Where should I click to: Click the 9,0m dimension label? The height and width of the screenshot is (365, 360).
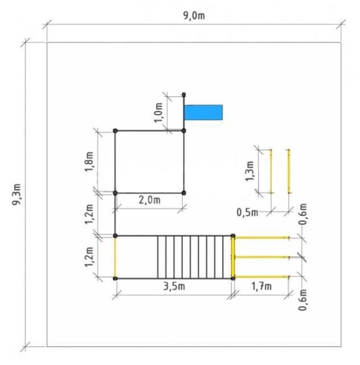(x=194, y=16)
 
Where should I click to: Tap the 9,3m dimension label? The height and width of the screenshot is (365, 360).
(x=17, y=194)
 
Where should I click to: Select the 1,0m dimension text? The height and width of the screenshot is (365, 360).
(x=158, y=112)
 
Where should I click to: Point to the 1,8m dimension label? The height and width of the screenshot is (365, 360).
(x=89, y=161)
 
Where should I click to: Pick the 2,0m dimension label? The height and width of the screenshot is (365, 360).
(x=150, y=200)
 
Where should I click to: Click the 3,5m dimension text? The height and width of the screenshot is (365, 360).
(x=174, y=286)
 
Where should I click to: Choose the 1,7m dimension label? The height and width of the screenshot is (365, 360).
(x=261, y=286)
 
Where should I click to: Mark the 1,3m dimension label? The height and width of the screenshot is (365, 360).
(x=249, y=171)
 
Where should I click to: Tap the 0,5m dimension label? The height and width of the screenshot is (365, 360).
(x=247, y=212)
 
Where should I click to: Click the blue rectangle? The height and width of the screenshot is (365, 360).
(x=203, y=112)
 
